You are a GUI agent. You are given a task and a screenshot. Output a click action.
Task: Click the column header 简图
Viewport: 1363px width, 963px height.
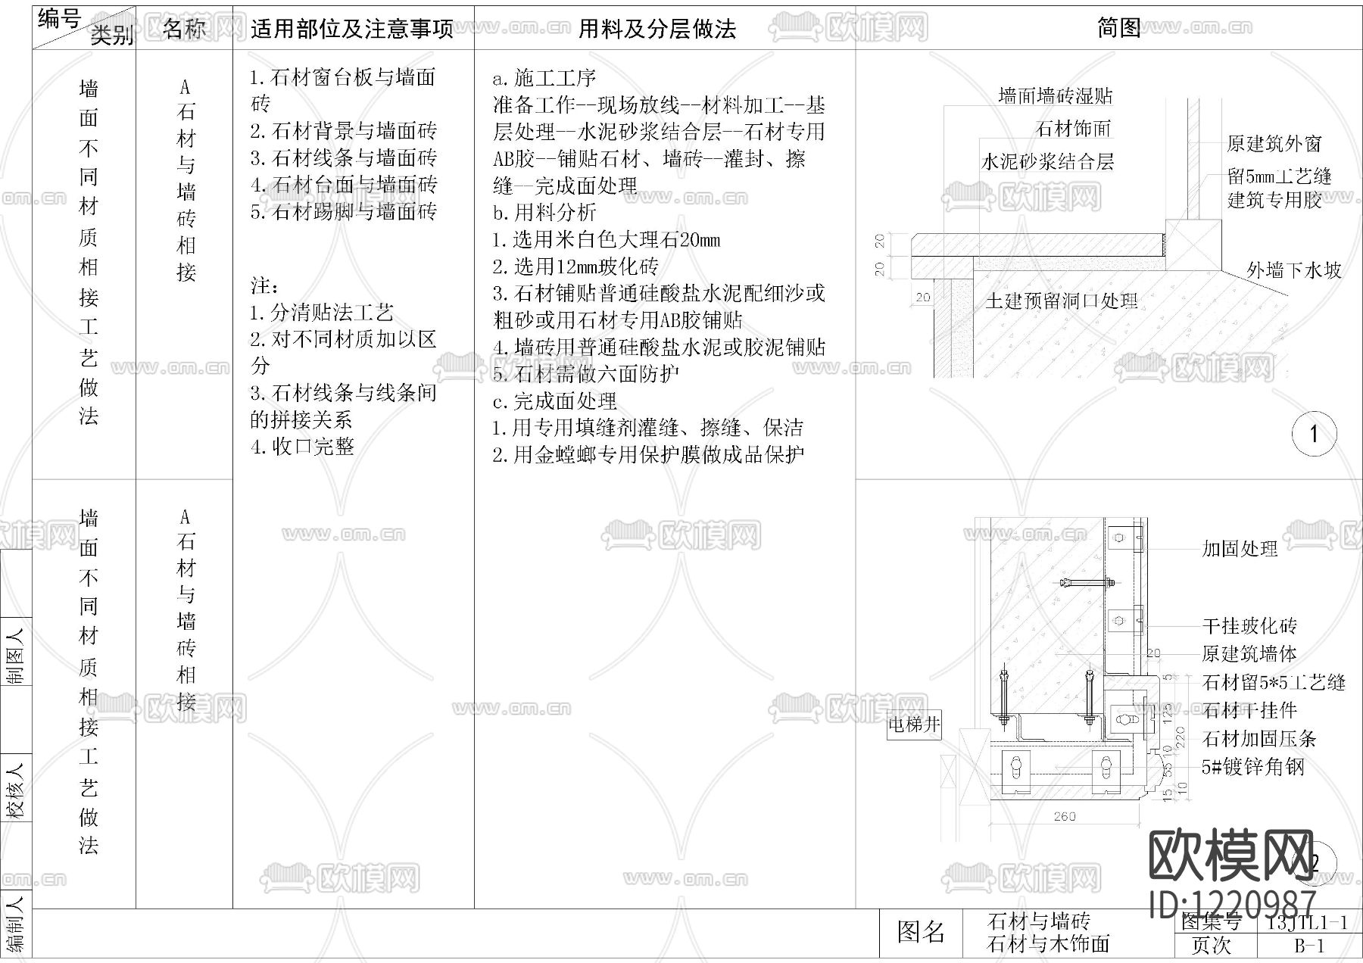(1118, 28)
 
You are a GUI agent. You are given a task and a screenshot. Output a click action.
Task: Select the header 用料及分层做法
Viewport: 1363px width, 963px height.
(657, 29)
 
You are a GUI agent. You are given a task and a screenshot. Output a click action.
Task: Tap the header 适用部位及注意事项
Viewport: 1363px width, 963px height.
(351, 29)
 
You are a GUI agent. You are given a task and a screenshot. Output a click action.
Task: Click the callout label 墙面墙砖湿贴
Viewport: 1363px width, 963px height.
(1055, 96)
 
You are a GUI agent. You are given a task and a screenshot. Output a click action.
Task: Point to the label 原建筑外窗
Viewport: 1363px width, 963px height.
(1274, 144)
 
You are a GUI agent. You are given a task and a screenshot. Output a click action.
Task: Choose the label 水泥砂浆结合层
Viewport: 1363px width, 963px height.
(1047, 161)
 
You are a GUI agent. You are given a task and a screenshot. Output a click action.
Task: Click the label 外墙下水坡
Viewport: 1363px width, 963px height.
(1293, 270)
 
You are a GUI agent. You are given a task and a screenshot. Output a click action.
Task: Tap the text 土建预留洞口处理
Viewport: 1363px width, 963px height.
(1062, 301)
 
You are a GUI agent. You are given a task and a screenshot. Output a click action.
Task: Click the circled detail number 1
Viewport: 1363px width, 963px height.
(1314, 434)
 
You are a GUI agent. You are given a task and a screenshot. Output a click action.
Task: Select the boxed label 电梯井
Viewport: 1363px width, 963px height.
(914, 725)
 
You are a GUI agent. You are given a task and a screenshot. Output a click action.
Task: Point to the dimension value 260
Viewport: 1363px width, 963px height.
(1064, 816)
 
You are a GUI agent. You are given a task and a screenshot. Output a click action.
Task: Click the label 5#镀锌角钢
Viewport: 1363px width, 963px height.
(1253, 767)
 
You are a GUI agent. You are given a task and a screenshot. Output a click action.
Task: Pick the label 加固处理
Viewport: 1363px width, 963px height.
(1240, 549)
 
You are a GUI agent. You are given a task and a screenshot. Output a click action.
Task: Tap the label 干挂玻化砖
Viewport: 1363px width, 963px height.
(1249, 626)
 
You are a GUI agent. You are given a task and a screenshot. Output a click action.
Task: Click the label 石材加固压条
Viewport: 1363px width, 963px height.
(1259, 738)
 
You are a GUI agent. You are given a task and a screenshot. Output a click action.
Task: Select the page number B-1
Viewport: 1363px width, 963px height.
(1308, 946)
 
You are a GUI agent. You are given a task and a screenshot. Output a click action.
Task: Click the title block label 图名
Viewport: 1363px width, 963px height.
(921, 932)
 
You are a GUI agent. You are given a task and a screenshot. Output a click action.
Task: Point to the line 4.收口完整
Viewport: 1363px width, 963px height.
(302, 447)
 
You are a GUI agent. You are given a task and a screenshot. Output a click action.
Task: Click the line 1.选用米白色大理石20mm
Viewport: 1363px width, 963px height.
(606, 240)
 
